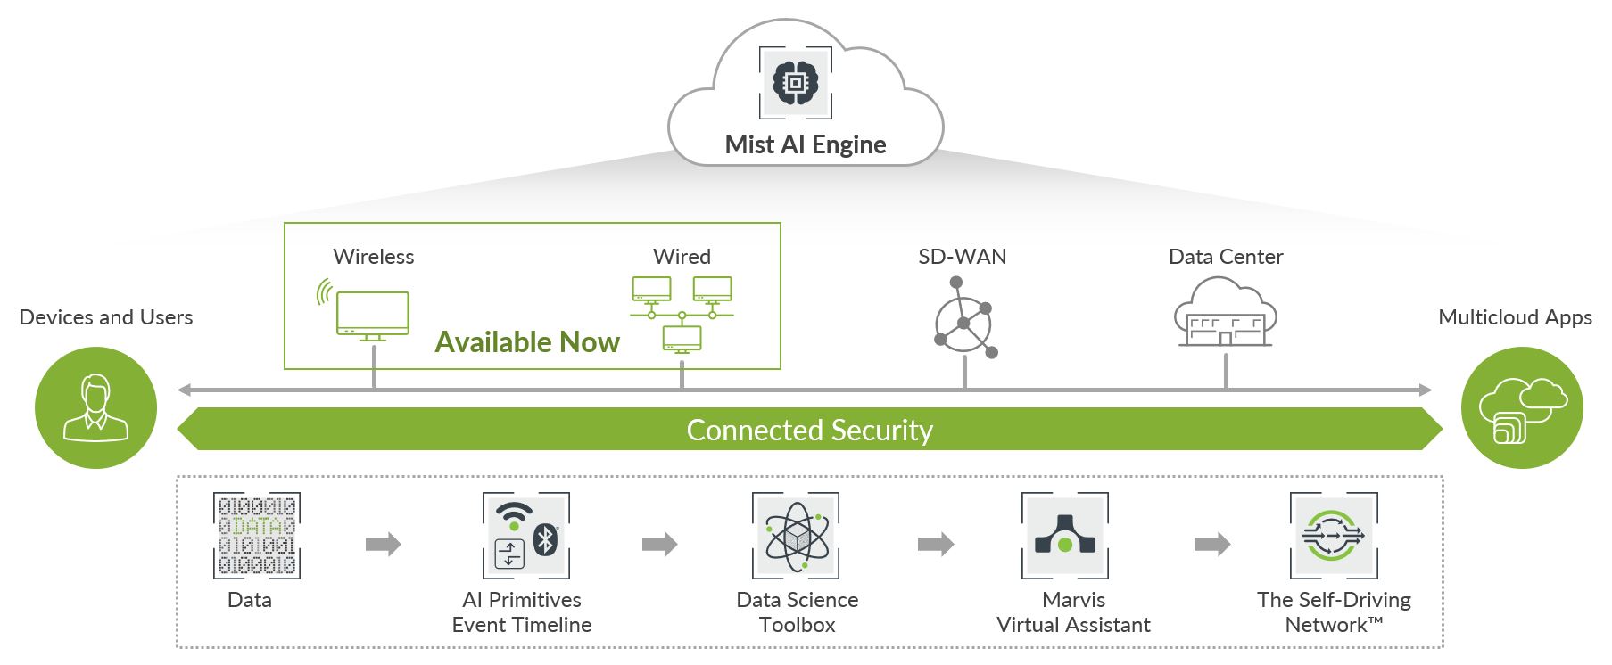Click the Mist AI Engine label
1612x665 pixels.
point(805,144)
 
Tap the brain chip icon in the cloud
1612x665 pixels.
point(795,83)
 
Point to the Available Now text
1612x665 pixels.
point(527,342)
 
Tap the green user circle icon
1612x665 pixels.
point(95,407)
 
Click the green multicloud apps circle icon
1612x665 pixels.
point(1521,407)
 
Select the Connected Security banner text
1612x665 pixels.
point(809,430)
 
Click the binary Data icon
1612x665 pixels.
point(256,535)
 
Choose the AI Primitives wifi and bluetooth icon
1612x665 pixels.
point(525,535)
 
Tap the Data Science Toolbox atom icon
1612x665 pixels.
point(796,535)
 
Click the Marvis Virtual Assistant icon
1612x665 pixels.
point(1064,535)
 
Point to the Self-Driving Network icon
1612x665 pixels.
point(1334,535)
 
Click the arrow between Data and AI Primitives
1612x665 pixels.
point(383,544)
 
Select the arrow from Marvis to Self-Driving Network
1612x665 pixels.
point(1211,544)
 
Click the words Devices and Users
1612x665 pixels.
point(105,317)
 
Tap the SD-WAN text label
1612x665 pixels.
point(962,257)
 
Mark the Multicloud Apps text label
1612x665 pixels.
point(1515,317)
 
